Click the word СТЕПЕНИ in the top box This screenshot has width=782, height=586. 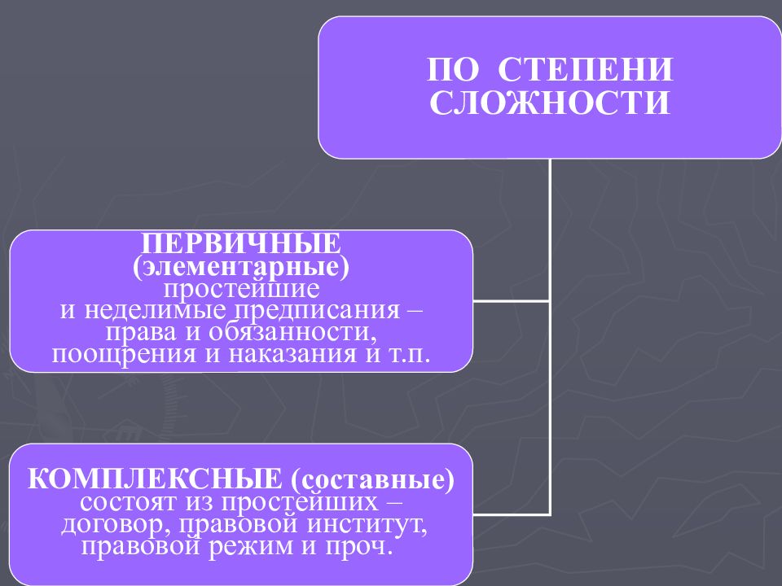click(586, 69)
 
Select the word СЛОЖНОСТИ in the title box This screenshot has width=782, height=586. click(550, 103)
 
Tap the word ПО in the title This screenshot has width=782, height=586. click(453, 69)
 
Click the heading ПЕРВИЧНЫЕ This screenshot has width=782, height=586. click(241, 243)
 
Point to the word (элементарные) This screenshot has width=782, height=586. click(241, 266)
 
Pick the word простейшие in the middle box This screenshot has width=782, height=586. click(241, 289)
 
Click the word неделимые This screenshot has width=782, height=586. click(155, 310)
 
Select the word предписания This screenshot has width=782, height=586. click(317, 311)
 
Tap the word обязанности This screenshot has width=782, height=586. click(292, 332)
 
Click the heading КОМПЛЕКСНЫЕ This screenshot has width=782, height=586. click(155, 479)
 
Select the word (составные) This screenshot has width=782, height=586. click(372, 479)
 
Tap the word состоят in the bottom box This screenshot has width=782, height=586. click(129, 501)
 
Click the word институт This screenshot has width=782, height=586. click(367, 523)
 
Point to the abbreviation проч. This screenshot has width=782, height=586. click(358, 546)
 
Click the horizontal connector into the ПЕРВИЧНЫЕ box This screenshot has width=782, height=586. click(512, 301)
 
